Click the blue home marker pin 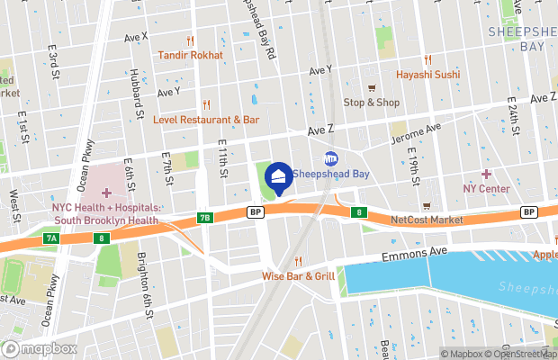pyautogui.click(x=279, y=177)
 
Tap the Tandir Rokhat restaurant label pyautogui.click(x=190, y=55)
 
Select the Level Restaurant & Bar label pyautogui.click(x=206, y=119)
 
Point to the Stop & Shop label pyautogui.click(x=371, y=102)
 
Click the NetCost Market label pyautogui.click(x=427, y=220)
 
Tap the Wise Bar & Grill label pyautogui.click(x=298, y=275)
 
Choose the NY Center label pyautogui.click(x=486, y=188)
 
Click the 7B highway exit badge pyautogui.click(x=204, y=218)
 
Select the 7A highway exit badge pyautogui.click(x=51, y=238)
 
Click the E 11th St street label pyautogui.click(x=222, y=160)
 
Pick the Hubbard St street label pyautogui.click(x=137, y=95)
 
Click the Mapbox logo pyautogui.click(x=40, y=348)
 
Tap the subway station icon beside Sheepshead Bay pyautogui.click(x=330, y=158)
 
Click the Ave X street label pyautogui.click(x=136, y=37)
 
